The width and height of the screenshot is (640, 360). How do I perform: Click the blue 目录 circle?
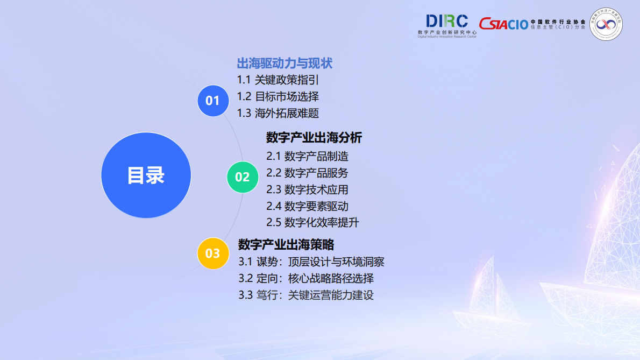click(146, 175)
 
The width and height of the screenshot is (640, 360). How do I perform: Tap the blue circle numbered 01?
click(213, 100)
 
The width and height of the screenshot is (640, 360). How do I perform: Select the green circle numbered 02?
click(243, 177)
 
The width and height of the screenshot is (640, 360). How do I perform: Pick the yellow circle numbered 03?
click(213, 253)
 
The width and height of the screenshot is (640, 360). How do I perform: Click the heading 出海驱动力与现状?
click(285, 63)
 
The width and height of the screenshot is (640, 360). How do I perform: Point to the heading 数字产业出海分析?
click(314, 138)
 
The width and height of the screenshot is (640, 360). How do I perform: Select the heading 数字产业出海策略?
click(286, 244)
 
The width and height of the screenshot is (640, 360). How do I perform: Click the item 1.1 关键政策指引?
click(278, 80)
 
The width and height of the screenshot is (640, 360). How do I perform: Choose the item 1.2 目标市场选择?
click(278, 96)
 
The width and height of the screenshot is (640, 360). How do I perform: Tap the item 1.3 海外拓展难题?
click(278, 113)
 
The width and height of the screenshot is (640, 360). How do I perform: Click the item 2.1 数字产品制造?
click(307, 157)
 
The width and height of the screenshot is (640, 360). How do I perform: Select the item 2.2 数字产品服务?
click(307, 173)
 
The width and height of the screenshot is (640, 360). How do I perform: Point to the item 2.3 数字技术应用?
click(307, 189)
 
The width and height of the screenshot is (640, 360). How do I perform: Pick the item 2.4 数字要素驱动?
click(307, 206)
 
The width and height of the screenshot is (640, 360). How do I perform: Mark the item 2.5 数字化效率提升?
click(312, 222)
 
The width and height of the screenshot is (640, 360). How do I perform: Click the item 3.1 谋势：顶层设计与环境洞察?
click(311, 262)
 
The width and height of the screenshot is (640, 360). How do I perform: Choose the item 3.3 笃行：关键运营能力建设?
click(306, 295)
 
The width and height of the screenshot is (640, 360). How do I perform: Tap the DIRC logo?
click(447, 25)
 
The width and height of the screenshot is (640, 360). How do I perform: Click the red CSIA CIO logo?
click(503, 24)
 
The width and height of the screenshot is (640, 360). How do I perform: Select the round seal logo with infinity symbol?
click(606, 24)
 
